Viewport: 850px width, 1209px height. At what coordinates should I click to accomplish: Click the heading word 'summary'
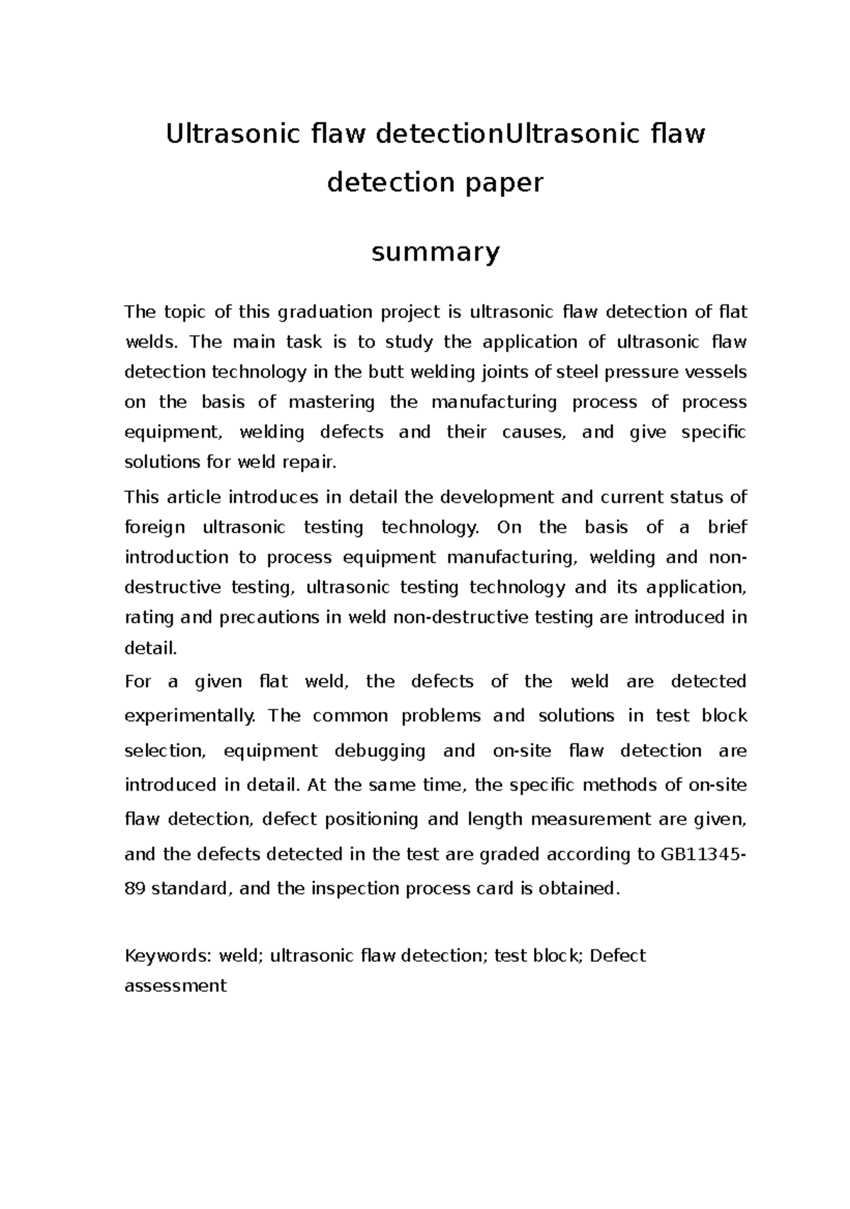coord(436,251)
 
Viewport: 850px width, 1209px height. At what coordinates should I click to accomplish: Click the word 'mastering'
coord(331,402)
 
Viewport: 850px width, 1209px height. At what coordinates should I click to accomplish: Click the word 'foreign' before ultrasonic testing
coord(155,528)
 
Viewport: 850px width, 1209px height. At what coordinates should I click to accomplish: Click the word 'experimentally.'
coord(189,716)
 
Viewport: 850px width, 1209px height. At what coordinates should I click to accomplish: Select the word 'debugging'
coord(379,751)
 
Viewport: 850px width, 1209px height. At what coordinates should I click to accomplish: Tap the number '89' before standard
coord(135,889)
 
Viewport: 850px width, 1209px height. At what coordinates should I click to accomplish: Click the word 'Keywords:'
coord(168,956)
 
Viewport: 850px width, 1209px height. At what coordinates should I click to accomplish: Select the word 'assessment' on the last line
coord(175,986)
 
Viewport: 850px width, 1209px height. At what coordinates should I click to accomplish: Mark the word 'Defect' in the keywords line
coord(618,956)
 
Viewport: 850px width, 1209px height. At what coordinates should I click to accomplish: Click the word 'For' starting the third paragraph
coord(137,682)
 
